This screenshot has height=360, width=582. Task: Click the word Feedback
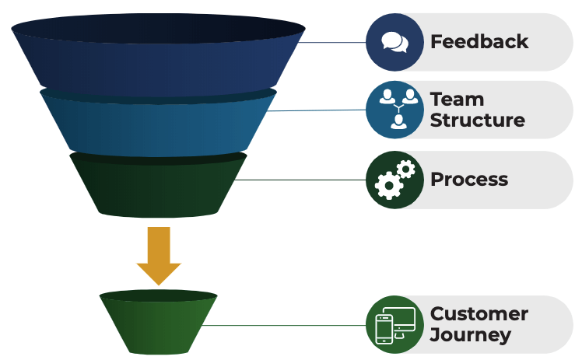coord(479,41)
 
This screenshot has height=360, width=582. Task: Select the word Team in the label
coord(457,100)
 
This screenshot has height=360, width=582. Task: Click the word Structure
coord(477,121)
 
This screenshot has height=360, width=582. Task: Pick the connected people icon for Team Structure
coord(395,110)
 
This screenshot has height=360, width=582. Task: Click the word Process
coord(469,180)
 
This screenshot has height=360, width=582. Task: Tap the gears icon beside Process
coord(395,180)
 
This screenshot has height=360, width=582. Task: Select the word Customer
coord(479,314)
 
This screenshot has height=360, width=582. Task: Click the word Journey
coord(471,335)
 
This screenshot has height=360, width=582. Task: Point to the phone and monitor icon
coord(395,325)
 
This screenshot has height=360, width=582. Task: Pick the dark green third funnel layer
coord(158,187)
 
